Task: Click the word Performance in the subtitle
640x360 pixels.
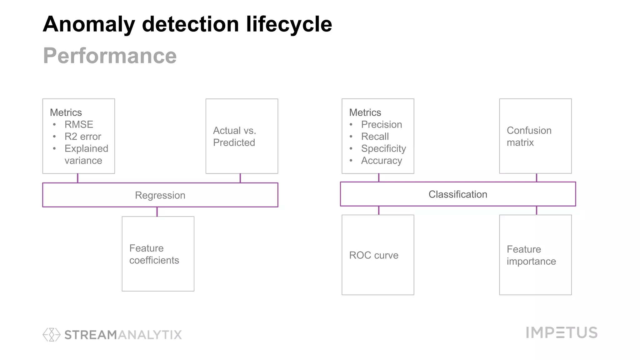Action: point(110,56)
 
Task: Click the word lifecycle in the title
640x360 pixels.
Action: point(289,24)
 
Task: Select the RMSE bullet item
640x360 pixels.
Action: point(79,124)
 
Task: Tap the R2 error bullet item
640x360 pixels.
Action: point(83,137)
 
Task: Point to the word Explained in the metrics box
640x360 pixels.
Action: point(86,148)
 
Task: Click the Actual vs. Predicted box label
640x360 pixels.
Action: point(234,136)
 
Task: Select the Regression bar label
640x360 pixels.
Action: point(160,195)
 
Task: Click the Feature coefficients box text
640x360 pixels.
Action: point(154,254)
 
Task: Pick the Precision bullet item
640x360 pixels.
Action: point(382,124)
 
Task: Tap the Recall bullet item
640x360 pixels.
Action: point(375,137)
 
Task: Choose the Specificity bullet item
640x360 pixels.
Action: point(383,148)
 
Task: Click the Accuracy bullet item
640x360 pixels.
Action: point(382,161)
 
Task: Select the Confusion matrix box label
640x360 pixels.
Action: point(529,136)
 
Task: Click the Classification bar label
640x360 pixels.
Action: point(458,194)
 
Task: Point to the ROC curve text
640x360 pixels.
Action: point(374,255)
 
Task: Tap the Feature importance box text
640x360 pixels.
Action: point(531,255)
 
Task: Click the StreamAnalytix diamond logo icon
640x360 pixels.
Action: point(52,335)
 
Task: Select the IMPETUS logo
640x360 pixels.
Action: point(562,332)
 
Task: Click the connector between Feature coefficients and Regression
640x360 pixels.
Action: point(157,212)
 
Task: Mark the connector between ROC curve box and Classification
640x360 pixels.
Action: point(379,210)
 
